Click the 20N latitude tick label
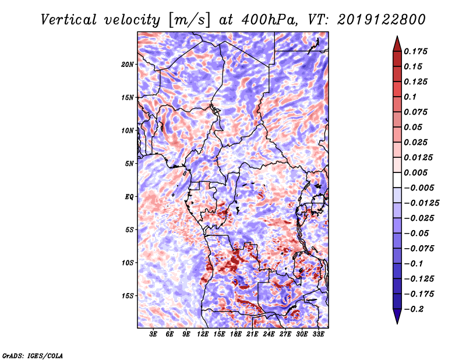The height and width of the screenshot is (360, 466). pyautogui.click(x=127, y=65)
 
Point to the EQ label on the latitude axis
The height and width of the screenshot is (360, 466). pyautogui.click(x=129, y=197)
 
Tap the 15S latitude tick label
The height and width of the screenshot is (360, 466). pyautogui.click(x=127, y=296)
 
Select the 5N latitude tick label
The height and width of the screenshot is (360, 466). pyautogui.click(x=129, y=164)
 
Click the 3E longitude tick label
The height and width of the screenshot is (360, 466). pyautogui.click(x=153, y=334)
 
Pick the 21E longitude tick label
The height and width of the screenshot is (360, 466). pyautogui.click(x=252, y=334)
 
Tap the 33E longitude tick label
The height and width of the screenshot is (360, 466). pyautogui.click(x=318, y=334)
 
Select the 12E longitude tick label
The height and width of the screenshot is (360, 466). pyautogui.click(x=202, y=334)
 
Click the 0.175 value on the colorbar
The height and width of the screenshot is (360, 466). pyautogui.click(x=415, y=51)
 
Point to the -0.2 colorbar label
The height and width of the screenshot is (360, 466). pyautogui.click(x=414, y=309)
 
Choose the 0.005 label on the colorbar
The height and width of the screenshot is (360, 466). pyautogui.click(x=415, y=172)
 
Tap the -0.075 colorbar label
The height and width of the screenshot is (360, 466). pyautogui.click(x=419, y=249)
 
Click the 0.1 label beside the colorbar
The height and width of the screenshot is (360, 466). pyautogui.click(x=410, y=97)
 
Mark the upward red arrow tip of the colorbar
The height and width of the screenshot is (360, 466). pyautogui.click(x=397, y=36)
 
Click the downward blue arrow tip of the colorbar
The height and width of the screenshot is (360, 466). pyautogui.click(x=397, y=323)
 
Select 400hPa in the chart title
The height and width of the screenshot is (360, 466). pyautogui.click(x=269, y=20)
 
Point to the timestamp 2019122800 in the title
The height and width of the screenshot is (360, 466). pyautogui.click(x=382, y=20)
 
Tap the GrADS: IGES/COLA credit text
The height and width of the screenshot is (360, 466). pyautogui.click(x=33, y=356)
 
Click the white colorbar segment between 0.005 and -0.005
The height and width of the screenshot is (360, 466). pyautogui.click(x=397, y=180)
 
